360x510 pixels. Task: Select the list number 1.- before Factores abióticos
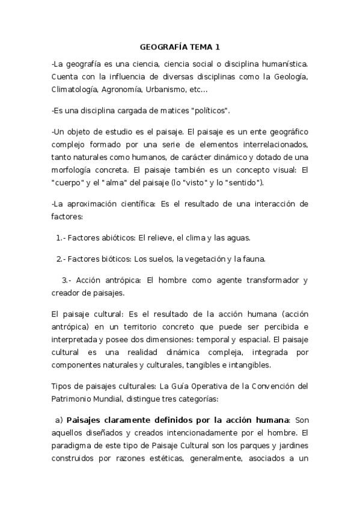61,238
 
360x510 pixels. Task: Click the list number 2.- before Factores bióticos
61,259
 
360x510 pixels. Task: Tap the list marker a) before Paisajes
59,419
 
